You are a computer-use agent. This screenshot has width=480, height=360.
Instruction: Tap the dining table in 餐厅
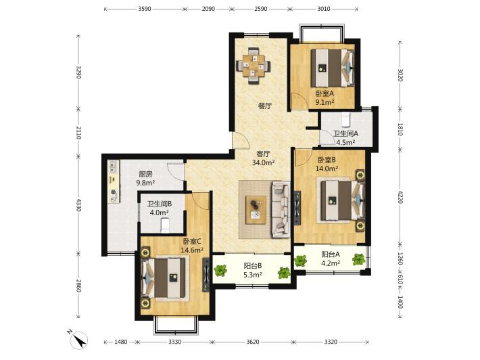pos(253,66)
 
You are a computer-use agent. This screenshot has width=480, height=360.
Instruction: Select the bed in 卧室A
pos(333,68)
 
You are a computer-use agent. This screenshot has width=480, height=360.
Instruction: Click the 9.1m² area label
pos(325,102)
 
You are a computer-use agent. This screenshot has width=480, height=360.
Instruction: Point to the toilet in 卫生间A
pos(345,119)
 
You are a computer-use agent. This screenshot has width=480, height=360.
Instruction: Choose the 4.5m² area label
pos(345,142)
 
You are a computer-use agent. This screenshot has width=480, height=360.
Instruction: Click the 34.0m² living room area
pos(263,162)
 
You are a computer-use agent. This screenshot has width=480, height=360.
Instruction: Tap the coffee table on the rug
pos(256,210)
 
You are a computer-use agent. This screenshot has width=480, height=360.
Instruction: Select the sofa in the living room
pos(281,209)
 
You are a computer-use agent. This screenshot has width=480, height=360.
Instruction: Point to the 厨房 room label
pos(145,175)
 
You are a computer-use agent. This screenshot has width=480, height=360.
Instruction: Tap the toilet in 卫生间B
pos(166,225)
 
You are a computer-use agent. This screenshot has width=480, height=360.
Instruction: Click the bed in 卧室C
pos(164,277)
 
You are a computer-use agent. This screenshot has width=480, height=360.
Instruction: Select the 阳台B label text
pos(253,266)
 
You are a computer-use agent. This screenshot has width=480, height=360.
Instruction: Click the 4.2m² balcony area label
pos(331,263)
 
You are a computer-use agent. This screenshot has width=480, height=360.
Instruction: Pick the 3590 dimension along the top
pos(145,9)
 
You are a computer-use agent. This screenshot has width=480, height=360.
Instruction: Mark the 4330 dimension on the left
pos(79,205)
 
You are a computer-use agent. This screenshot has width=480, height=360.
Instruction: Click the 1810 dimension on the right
pos(400,129)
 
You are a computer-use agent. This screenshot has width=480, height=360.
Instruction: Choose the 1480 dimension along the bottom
pos(120,342)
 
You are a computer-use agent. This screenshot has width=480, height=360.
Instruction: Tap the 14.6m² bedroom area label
pos(192,250)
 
